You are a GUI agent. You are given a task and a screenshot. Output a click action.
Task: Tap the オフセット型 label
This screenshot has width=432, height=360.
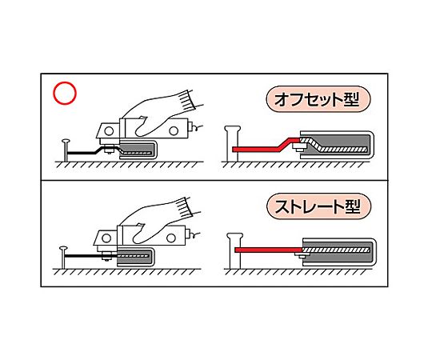(x=318, y=99)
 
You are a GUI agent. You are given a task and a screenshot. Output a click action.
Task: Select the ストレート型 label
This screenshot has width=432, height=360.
(x=319, y=206)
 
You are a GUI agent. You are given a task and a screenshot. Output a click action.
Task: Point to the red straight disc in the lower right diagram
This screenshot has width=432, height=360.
(x=269, y=250)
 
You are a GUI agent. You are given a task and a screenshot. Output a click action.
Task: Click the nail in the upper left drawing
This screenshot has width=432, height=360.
(x=66, y=150)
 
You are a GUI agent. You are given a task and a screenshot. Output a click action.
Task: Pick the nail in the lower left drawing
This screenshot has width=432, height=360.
(x=63, y=258)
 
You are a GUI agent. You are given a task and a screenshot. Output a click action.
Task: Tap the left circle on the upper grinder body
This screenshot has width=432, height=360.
(x=109, y=131)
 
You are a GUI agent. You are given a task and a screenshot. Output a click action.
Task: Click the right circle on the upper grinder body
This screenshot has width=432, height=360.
(x=174, y=131)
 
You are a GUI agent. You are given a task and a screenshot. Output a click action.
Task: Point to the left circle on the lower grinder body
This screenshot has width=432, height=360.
(x=106, y=238)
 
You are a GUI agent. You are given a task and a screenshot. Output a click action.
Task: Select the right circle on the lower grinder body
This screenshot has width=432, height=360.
(x=171, y=238)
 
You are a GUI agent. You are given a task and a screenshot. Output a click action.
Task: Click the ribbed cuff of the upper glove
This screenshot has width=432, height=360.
(x=186, y=101)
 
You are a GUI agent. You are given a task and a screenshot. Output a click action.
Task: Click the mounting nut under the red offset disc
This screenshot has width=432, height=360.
(x=298, y=147)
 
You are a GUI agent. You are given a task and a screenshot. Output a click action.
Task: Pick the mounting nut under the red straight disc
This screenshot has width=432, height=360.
(x=302, y=254)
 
